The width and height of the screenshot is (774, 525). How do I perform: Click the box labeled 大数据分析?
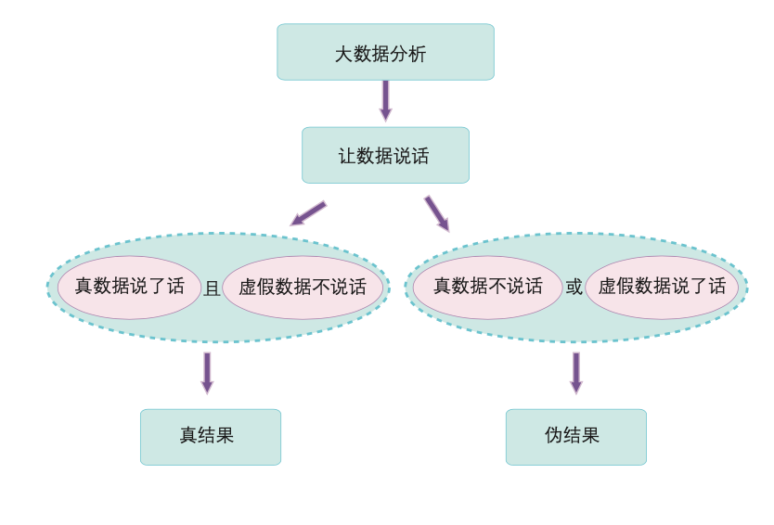tap(385, 52)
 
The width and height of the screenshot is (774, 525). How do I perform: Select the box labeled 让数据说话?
tap(385, 156)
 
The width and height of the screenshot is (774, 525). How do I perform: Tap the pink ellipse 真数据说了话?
tap(129, 288)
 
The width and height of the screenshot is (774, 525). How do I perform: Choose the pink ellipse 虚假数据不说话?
tap(303, 288)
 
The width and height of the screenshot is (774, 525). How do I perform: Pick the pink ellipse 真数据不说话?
tap(488, 288)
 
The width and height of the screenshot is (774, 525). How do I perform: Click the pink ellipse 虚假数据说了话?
tap(662, 288)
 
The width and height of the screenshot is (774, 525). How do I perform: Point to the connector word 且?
tap(212, 288)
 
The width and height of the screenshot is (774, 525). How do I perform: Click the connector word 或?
tap(574, 287)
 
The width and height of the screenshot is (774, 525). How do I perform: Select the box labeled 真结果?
tap(211, 437)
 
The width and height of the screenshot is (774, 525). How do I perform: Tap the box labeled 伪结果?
tap(576, 437)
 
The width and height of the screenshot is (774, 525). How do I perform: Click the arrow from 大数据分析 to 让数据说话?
tap(385, 101)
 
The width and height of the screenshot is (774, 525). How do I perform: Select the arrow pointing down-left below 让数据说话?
tap(308, 213)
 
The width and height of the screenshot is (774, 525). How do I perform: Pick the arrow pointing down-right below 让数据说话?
tap(437, 213)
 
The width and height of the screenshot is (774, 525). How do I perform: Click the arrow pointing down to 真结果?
tap(207, 373)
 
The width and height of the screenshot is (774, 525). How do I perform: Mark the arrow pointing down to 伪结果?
tap(576, 373)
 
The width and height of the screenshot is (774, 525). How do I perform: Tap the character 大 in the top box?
tap(344, 54)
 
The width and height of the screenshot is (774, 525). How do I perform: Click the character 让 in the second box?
tap(347, 157)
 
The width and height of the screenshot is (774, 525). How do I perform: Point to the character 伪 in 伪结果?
tap(554, 435)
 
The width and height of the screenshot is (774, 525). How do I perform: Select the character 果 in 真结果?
tap(226, 435)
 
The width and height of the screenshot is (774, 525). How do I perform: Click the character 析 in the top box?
tap(417, 54)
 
